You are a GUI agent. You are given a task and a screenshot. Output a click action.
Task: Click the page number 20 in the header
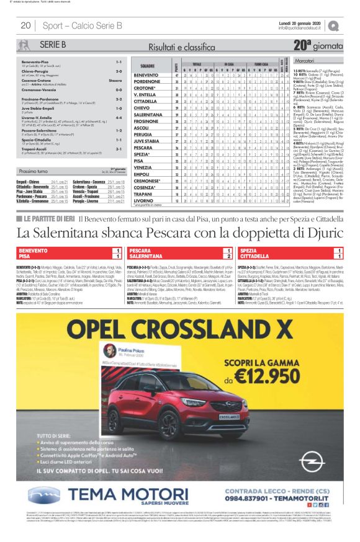(x=25, y=25)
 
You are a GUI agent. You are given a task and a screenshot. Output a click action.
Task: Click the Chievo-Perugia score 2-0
(x=119, y=71)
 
